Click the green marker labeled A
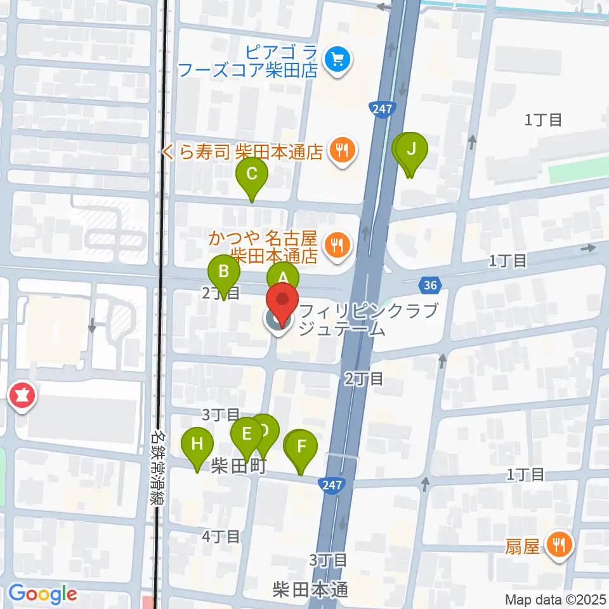pyautogui.click(x=283, y=277)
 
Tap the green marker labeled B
pyautogui.click(x=224, y=273)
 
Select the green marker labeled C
pyautogui.click(x=252, y=173)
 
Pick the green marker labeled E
pyautogui.click(x=246, y=435)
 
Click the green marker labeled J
pyautogui.click(x=411, y=150)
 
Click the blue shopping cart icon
pyautogui.click(x=336, y=60)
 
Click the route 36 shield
pyautogui.click(x=430, y=285)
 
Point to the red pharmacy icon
pyautogui.click(x=23, y=398)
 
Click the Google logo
pyautogui.click(x=43, y=594)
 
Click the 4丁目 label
pyautogui.click(x=220, y=537)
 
